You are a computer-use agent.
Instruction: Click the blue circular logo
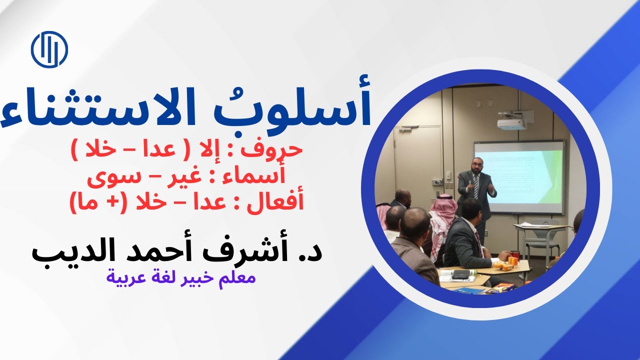tap(49, 49)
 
